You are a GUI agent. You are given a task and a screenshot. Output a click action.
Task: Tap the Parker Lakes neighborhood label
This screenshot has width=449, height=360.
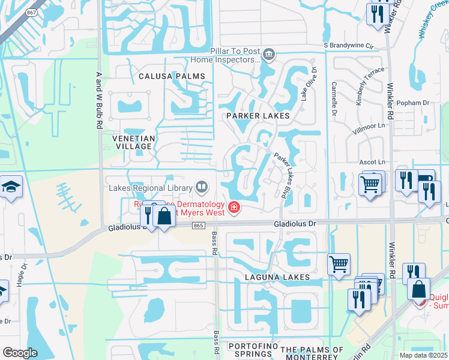click(x=258, y=115)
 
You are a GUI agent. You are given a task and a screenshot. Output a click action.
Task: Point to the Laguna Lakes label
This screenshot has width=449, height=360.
click(x=277, y=277)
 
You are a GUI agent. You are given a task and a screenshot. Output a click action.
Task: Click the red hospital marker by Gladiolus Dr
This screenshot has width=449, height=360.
click(x=234, y=209)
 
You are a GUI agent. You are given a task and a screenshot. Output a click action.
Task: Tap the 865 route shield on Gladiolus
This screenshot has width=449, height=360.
click(x=199, y=225)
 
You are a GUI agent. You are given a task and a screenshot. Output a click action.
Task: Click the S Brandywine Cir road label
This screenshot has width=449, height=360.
click(x=349, y=45)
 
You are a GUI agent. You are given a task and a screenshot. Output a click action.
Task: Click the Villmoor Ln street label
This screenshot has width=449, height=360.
click(x=369, y=127)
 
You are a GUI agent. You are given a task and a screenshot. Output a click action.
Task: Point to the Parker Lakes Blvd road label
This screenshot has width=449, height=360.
click(x=286, y=175)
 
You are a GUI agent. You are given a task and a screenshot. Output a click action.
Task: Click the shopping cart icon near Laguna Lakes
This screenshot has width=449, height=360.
click(x=339, y=263)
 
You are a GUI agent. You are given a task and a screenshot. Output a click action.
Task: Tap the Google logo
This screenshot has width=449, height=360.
click(x=20, y=353)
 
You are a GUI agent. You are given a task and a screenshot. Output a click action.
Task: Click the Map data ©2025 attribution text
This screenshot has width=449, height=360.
click(x=423, y=355)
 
